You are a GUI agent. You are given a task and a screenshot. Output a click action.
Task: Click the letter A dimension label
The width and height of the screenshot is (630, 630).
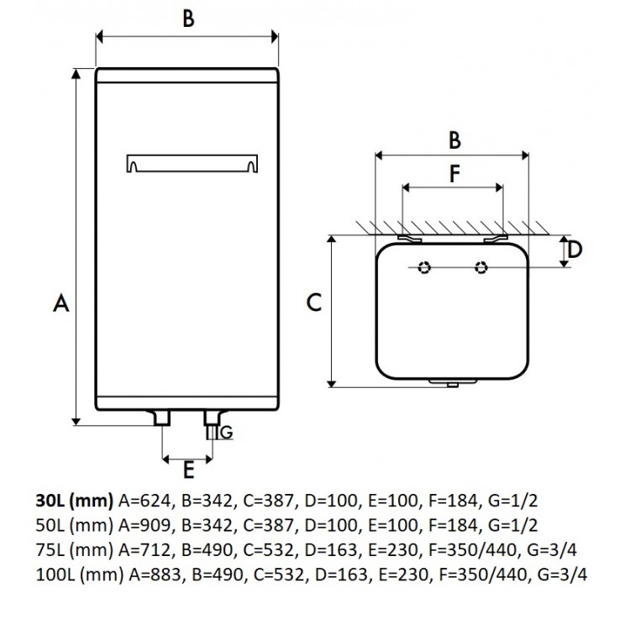[x=60, y=305]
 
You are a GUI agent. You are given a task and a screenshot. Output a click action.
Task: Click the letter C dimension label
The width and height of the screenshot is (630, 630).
[x=313, y=302]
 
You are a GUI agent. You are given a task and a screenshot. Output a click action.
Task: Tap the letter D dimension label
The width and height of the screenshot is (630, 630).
[x=575, y=249]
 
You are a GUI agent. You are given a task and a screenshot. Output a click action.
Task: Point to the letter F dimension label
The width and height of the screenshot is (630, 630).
[x=454, y=174]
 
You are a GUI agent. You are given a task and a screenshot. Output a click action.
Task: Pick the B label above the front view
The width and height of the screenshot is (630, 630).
[x=188, y=19]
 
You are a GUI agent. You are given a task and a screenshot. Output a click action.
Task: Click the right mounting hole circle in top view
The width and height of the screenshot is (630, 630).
[x=480, y=268]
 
